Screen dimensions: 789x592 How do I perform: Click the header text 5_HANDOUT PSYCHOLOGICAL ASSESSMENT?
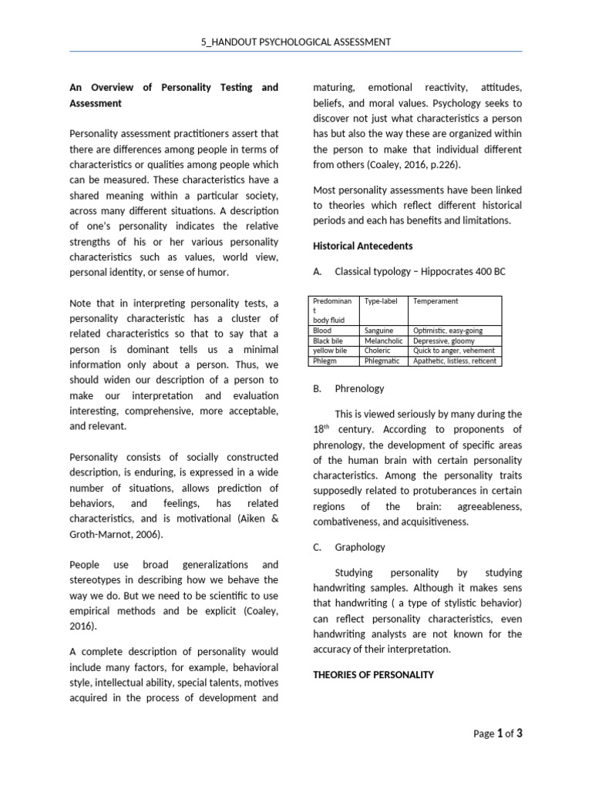(x=296, y=42)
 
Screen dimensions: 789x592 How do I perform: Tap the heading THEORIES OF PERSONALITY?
(x=373, y=674)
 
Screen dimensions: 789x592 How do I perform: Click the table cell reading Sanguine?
(x=378, y=331)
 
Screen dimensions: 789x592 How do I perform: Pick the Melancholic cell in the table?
(x=382, y=341)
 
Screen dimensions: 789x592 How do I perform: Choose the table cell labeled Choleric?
(x=378, y=351)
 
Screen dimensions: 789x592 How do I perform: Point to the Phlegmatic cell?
(x=382, y=361)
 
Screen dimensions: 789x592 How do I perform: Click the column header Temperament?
(x=436, y=301)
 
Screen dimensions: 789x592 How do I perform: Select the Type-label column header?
(x=381, y=301)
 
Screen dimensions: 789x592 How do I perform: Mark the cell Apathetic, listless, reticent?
(x=455, y=361)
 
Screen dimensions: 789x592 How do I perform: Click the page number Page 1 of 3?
(x=498, y=734)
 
